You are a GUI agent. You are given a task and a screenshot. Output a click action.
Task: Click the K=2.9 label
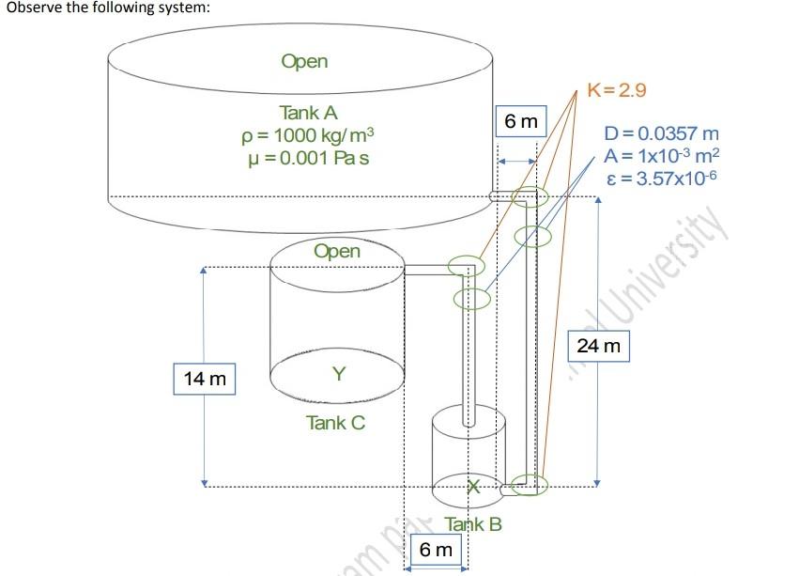(617, 90)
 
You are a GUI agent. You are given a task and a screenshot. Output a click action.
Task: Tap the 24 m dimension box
(598, 347)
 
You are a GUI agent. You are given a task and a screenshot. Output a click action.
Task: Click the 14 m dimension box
(205, 380)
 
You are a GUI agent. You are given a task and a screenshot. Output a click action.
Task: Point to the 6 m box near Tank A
(521, 122)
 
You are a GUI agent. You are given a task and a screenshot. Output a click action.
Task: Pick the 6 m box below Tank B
(436, 549)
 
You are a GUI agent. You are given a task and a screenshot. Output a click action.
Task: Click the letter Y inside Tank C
(339, 375)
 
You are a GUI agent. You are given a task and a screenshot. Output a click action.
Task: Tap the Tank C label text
(335, 423)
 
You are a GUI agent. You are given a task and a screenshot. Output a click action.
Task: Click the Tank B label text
(473, 523)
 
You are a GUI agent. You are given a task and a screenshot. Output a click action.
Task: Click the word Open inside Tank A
(304, 62)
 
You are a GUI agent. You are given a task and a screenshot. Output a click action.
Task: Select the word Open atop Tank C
(336, 251)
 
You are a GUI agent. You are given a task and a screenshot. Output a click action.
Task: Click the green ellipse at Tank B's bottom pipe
(530, 485)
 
